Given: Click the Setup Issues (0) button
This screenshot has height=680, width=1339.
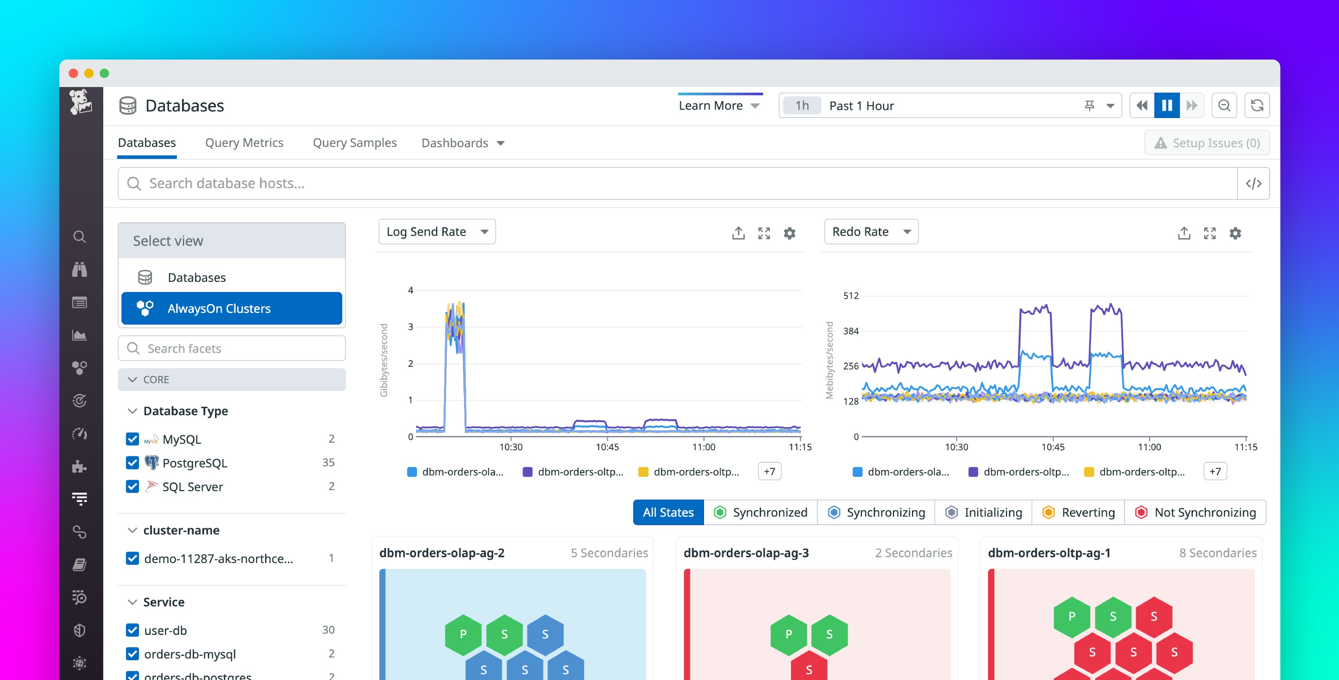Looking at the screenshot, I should coord(1207,143).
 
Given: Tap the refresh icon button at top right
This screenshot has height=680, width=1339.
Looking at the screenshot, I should coord(1257,106).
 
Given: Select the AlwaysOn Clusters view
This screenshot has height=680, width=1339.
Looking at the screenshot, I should coord(232,308).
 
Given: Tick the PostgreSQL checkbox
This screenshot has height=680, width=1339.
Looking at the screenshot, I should coord(132,463).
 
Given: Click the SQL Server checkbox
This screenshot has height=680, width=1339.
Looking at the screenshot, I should coord(132,487).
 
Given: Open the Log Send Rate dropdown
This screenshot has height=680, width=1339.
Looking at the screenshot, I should coord(437,232).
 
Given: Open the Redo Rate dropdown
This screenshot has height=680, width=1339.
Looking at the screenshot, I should coord(871,232).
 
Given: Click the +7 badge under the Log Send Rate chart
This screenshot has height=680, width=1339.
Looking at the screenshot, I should coord(769,471).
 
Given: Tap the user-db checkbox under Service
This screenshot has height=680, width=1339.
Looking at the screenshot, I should coord(132,630).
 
